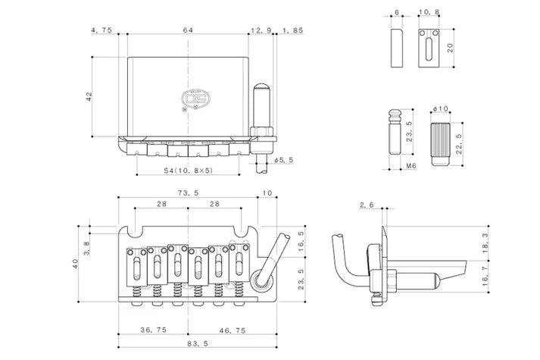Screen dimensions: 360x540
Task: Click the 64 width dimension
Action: point(186,30)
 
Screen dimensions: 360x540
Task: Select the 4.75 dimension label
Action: point(101,30)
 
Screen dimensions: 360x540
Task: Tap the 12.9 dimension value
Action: point(260,30)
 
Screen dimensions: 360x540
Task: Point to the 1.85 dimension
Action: point(292,30)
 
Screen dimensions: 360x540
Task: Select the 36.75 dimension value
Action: point(155,330)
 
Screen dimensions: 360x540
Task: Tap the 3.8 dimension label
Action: point(86,246)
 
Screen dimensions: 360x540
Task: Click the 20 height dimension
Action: point(452,49)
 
